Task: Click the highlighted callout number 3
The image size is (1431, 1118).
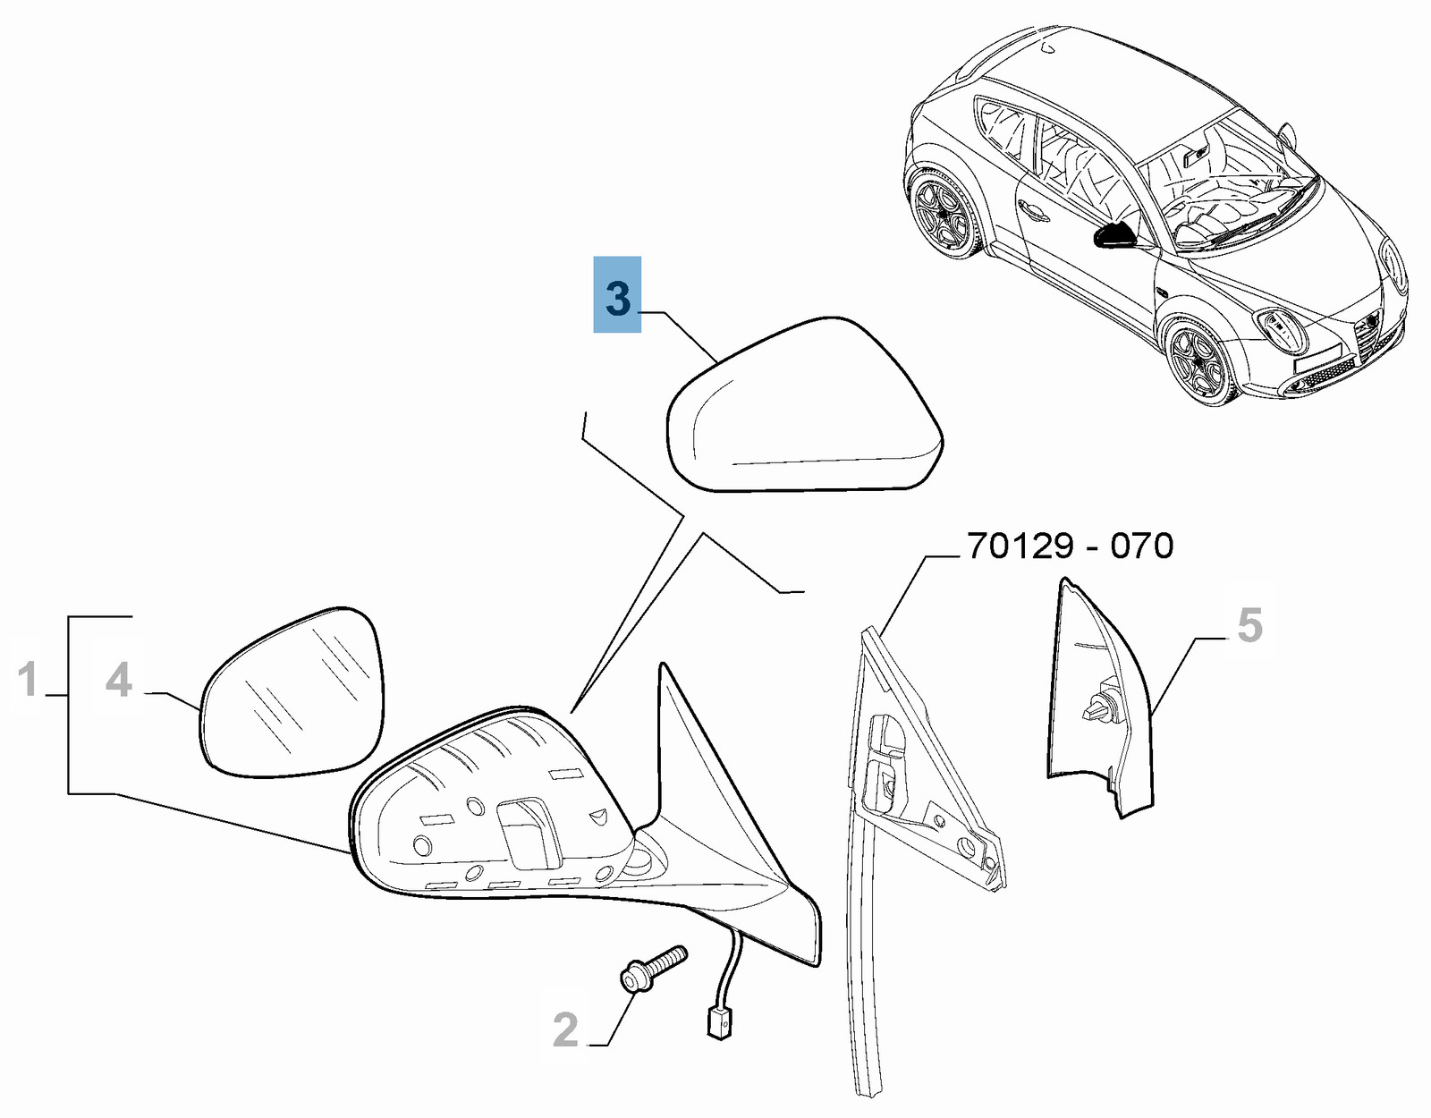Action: [x=617, y=299]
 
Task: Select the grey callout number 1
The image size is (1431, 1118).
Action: [x=29, y=679]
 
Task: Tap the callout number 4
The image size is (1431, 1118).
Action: [x=119, y=680]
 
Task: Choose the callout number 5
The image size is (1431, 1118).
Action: [x=1250, y=625]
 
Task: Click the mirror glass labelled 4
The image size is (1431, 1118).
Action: [x=292, y=691]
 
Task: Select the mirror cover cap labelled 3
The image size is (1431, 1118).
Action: [x=805, y=405]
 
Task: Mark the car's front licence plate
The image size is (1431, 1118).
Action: [x=1317, y=357]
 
